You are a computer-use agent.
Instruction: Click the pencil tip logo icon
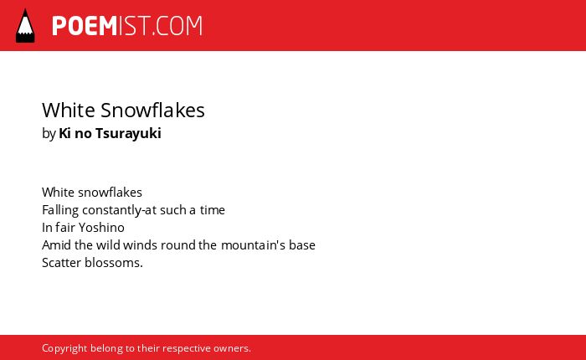tap(25, 26)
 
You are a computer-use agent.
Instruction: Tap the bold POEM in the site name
tap(85, 26)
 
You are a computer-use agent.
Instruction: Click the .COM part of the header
tap(177, 26)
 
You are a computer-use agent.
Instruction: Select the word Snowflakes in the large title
tap(152, 110)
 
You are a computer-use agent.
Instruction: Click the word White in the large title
tap(69, 110)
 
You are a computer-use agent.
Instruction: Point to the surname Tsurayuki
tap(128, 133)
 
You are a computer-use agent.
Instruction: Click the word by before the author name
tap(49, 134)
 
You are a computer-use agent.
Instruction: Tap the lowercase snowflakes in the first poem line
tap(111, 193)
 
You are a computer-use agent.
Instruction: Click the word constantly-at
tap(119, 210)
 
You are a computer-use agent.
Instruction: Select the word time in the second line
tap(213, 210)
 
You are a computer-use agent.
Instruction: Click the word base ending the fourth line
tap(302, 245)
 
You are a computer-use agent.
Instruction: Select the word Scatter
tap(62, 263)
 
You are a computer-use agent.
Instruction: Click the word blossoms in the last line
tap(112, 263)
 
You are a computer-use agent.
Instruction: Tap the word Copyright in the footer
tap(64, 348)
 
